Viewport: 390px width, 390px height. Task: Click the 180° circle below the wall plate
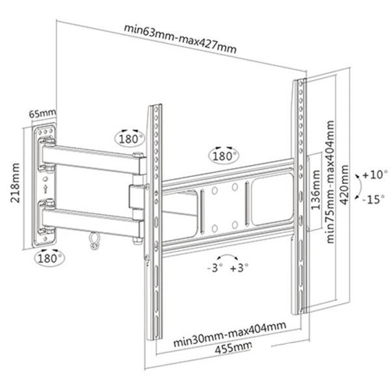pyautogui.click(x=49, y=258)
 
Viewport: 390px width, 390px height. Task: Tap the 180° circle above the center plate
pyautogui.click(x=224, y=157)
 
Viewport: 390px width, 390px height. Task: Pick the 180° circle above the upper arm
pyautogui.click(x=129, y=138)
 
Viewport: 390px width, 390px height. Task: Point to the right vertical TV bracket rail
pyautogui.click(x=301, y=195)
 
